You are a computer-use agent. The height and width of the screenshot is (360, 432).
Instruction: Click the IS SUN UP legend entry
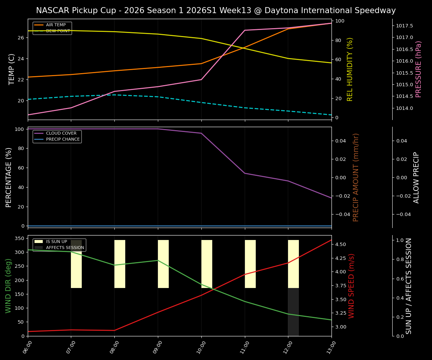click(x=57, y=242)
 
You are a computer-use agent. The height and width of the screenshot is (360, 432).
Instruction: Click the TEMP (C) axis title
click(x=12, y=69)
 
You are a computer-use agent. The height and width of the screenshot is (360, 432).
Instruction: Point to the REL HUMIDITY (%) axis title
click(x=350, y=69)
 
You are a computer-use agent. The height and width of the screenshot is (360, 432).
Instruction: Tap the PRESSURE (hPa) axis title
click(x=419, y=69)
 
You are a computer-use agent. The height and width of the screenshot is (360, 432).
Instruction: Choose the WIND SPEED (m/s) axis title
click(x=351, y=286)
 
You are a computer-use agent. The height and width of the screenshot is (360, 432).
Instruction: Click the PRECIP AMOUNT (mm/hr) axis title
click(x=356, y=177)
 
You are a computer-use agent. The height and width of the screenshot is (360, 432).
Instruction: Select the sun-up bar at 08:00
click(x=120, y=264)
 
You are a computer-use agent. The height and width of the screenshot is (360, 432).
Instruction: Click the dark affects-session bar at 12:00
click(x=293, y=312)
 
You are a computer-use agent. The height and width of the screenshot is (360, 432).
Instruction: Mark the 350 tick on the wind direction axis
click(x=19, y=238)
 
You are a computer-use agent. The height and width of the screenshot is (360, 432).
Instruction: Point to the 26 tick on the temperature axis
click(x=21, y=38)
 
